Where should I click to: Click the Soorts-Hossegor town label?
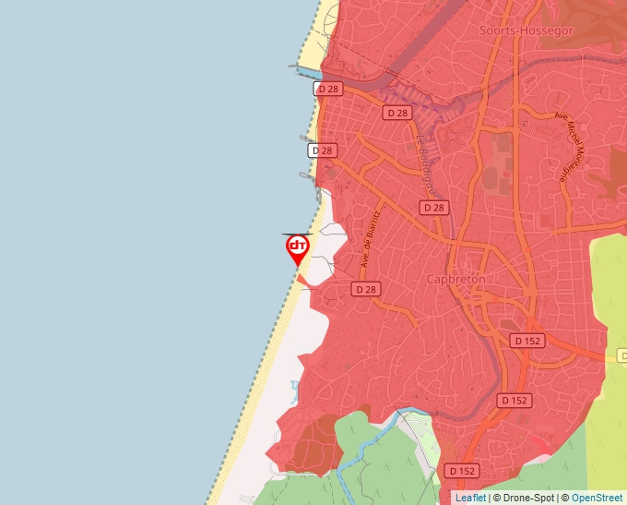(x=526, y=30)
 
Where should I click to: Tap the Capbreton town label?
(x=455, y=279)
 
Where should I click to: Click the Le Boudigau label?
(x=424, y=163)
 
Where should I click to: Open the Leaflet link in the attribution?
(x=470, y=498)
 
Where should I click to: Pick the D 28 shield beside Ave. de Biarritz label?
(x=366, y=289)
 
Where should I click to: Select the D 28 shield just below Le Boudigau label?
(x=433, y=208)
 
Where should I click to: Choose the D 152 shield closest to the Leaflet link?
(x=462, y=471)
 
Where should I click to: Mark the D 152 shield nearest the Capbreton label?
(x=526, y=341)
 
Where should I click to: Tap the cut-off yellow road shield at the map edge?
(x=621, y=355)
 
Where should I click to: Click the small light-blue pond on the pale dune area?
(x=294, y=385)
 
